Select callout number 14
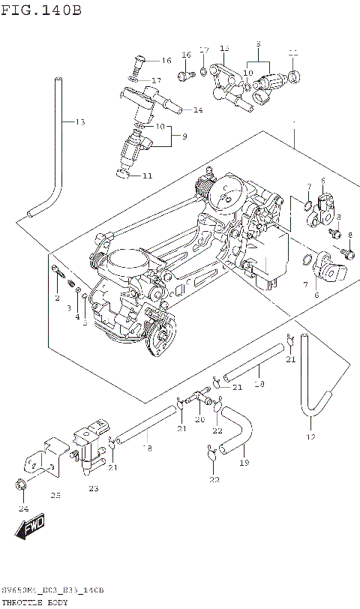coord(198,110)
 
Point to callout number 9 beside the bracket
coord(184,136)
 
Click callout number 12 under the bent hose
coord(310,436)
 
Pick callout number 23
coord(93,488)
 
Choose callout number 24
coord(22,508)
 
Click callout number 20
coord(199,420)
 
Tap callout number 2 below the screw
coord(56,298)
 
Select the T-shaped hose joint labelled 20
coord(201,395)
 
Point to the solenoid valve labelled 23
coord(88,448)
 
